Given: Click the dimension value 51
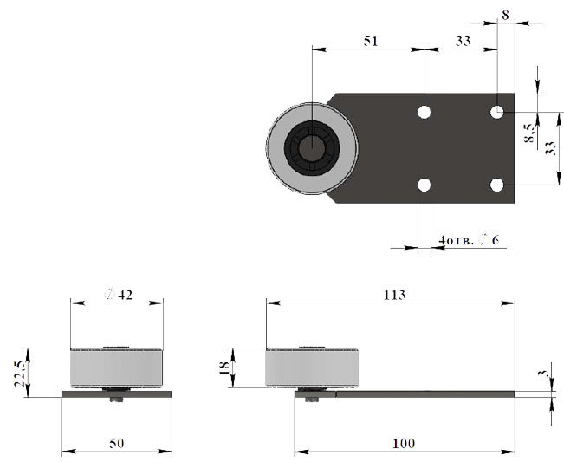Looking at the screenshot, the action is pyautogui.click(x=371, y=41).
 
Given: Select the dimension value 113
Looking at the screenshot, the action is pyautogui.click(x=394, y=295).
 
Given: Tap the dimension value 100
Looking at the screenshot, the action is pyautogui.click(x=404, y=443).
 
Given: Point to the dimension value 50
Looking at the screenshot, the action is pyautogui.click(x=117, y=443).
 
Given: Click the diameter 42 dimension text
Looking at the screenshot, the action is pyautogui.click(x=119, y=295).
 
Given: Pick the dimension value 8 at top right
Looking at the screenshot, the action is pyautogui.click(x=505, y=16).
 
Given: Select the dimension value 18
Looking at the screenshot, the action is pyautogui.click(x=224, y=368).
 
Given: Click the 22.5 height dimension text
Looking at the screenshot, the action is pyautogui.click(x=20, y=374).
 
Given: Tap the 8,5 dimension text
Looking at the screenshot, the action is pyautogui.click(x=529, y=133).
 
